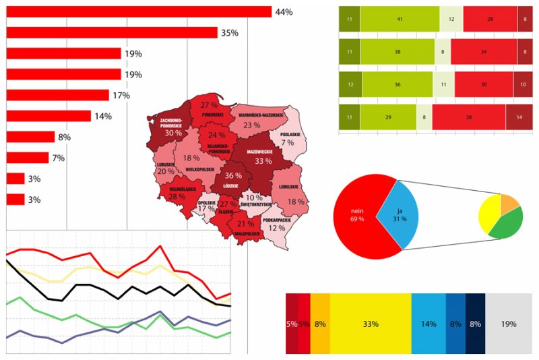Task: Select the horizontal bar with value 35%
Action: [x=111, y=32]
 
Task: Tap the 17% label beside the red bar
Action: [x=121, y=96]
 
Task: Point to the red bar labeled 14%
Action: [x=48, y=116]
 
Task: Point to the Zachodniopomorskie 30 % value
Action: [x=173, y=133]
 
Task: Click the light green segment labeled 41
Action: [x=400, y=19]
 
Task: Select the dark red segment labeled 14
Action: [x=519, y=117]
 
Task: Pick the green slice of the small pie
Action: [x=507, y=225]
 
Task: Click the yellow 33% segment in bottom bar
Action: [x=370, y=324]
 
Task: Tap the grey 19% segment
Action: [x=508, y=324]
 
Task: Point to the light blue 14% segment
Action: [x=429, y=324]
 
